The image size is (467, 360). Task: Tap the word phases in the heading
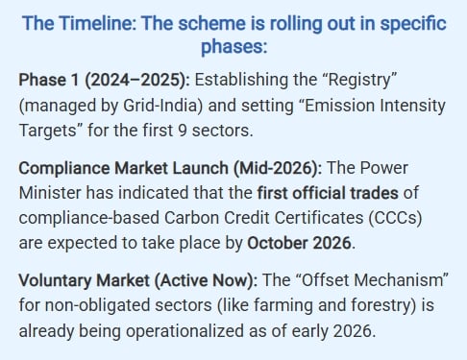(x=233, y=47)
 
